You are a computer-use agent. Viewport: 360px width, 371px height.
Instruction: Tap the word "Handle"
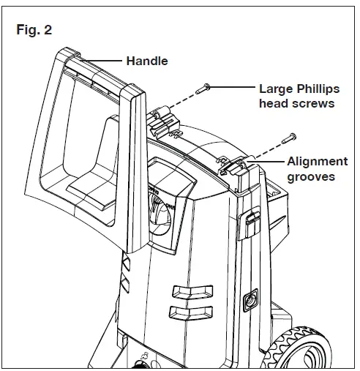point(146,61)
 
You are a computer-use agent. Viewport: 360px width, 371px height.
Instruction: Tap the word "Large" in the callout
point(275,89)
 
